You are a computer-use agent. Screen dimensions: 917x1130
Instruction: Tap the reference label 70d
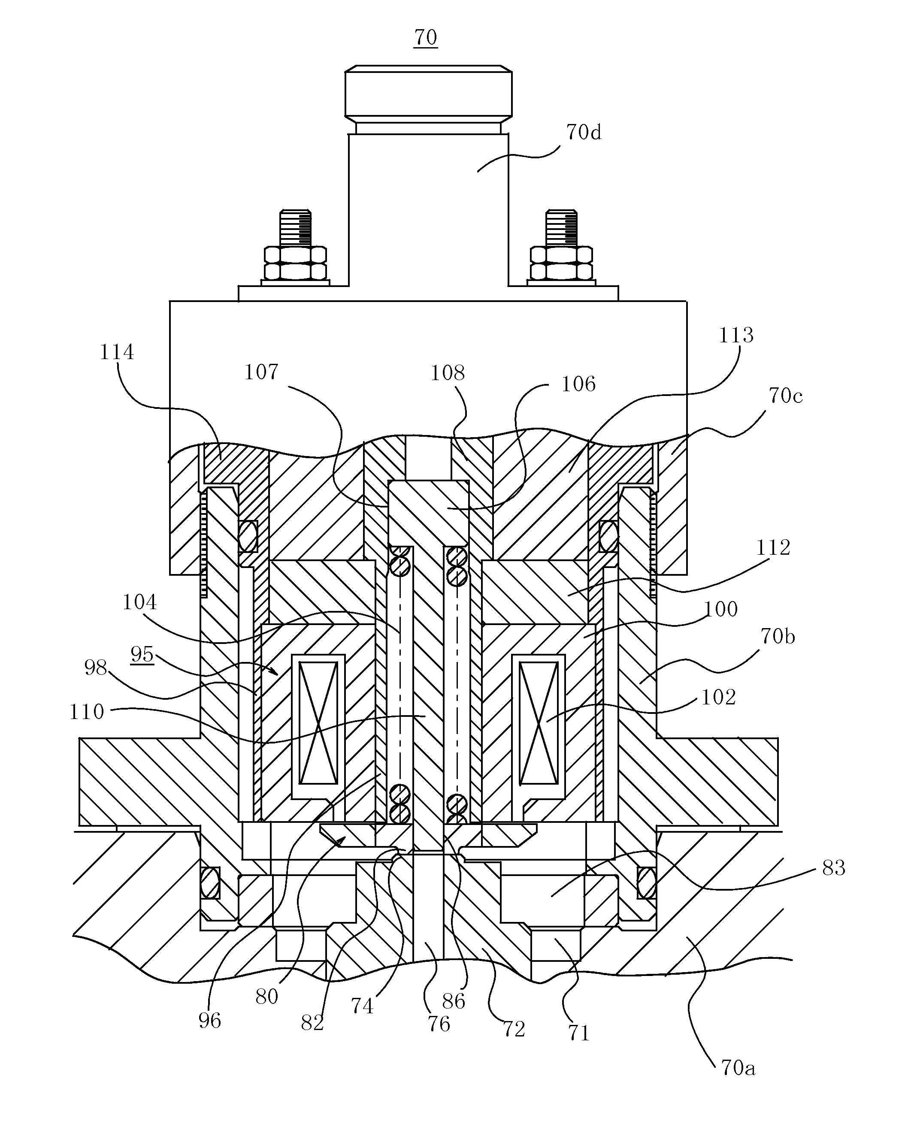coord(584,132)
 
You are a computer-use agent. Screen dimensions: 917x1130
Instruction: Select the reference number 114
coord(117,352)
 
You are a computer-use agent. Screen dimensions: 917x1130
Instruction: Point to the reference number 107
coord(261,372)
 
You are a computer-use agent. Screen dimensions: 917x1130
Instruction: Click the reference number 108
coord(448,373)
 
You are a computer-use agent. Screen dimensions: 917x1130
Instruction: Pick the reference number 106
coord(578,384)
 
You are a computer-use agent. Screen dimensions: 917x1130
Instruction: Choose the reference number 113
coord(736,335)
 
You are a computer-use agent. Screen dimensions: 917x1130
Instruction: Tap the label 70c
coord(785,396)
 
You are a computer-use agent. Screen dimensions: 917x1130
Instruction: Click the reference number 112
coord(773,547)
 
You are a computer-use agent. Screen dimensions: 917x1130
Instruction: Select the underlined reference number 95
coord(142,654)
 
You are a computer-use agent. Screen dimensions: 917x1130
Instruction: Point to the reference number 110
coord(87,712)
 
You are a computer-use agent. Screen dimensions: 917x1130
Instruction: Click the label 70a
coord(738,1068)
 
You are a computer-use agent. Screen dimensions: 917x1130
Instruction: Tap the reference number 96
coord(210,1020)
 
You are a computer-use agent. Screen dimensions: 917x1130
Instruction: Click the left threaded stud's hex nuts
coord(295,263)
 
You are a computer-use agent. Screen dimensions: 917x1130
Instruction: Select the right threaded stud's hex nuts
coord(561,263)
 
